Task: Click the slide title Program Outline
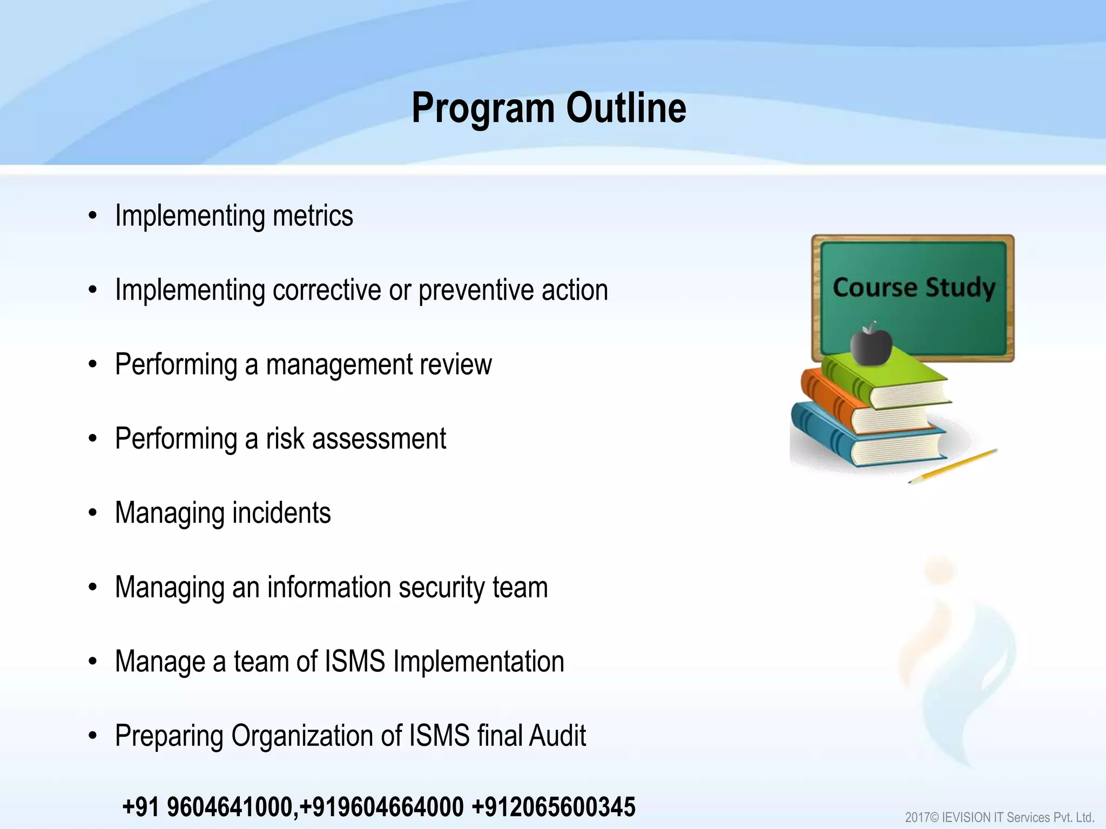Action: [549, 108]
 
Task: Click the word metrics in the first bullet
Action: [313, 216]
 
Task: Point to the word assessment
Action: [379, 438]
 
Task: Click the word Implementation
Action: [478, 662]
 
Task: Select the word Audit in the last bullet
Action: [557, 736]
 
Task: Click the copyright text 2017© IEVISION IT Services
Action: [999, 818]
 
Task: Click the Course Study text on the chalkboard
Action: [914, 287]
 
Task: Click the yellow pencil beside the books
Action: [953, 466]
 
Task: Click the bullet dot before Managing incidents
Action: [93, 513]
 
